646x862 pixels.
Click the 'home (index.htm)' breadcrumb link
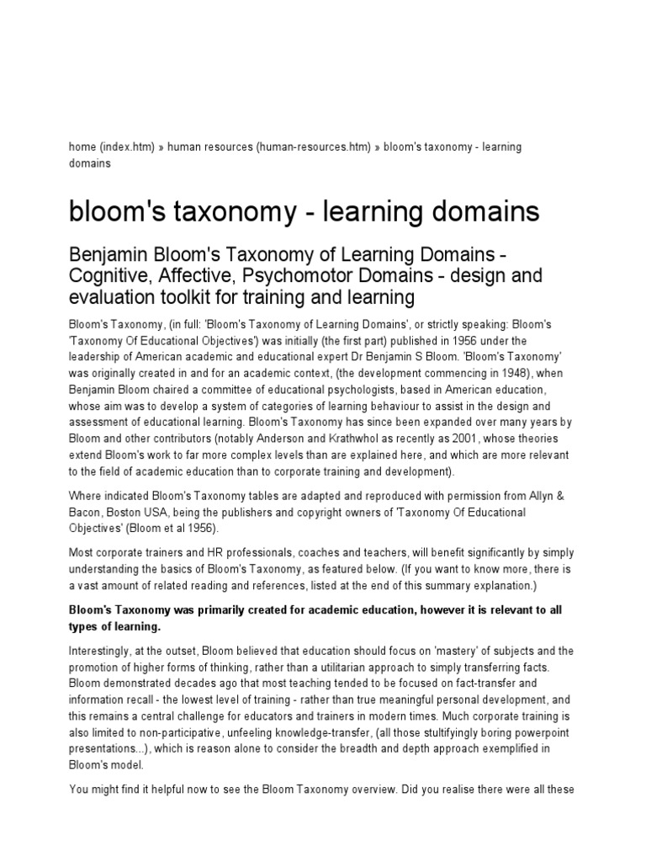pos(111,146)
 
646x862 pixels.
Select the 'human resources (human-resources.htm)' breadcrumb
pos(269,146)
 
